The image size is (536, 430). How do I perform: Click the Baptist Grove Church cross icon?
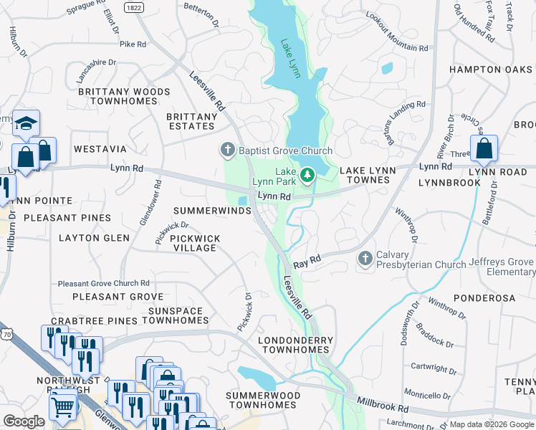(x=228, y=150)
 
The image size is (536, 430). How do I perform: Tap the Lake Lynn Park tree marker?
(x=307, y=174)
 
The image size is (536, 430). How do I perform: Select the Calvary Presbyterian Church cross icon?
(x=365, y=258)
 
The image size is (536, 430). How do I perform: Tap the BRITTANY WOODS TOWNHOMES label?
(x=124, y=97)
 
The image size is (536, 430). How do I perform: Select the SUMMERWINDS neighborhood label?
(x=212, y=211)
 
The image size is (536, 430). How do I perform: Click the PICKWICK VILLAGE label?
(x=195, y=243)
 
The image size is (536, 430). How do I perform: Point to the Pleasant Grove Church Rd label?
(x=103, y=283)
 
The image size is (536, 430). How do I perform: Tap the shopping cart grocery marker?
(x=63, y=406)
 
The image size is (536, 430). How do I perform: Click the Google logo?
(x=24, y=421)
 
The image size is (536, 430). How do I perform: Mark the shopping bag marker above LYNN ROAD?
(x=484, y=148)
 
